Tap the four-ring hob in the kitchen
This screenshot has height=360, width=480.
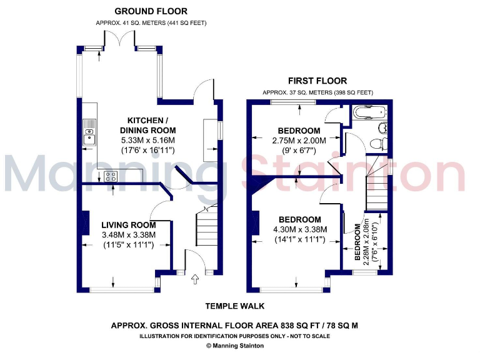pos(111,176)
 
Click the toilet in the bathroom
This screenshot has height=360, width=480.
pos(377,143)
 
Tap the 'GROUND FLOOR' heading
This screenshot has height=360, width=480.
pos(151,11)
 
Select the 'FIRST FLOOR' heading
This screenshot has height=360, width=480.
pos(317,81)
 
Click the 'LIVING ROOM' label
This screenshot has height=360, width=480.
pos(128,224)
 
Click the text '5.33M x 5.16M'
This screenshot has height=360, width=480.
pos(147,140)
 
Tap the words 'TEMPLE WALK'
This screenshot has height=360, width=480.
pos(235,306)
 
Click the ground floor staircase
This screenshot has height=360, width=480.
pos(206,229)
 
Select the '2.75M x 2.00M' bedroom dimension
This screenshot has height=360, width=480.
pos(299,141)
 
